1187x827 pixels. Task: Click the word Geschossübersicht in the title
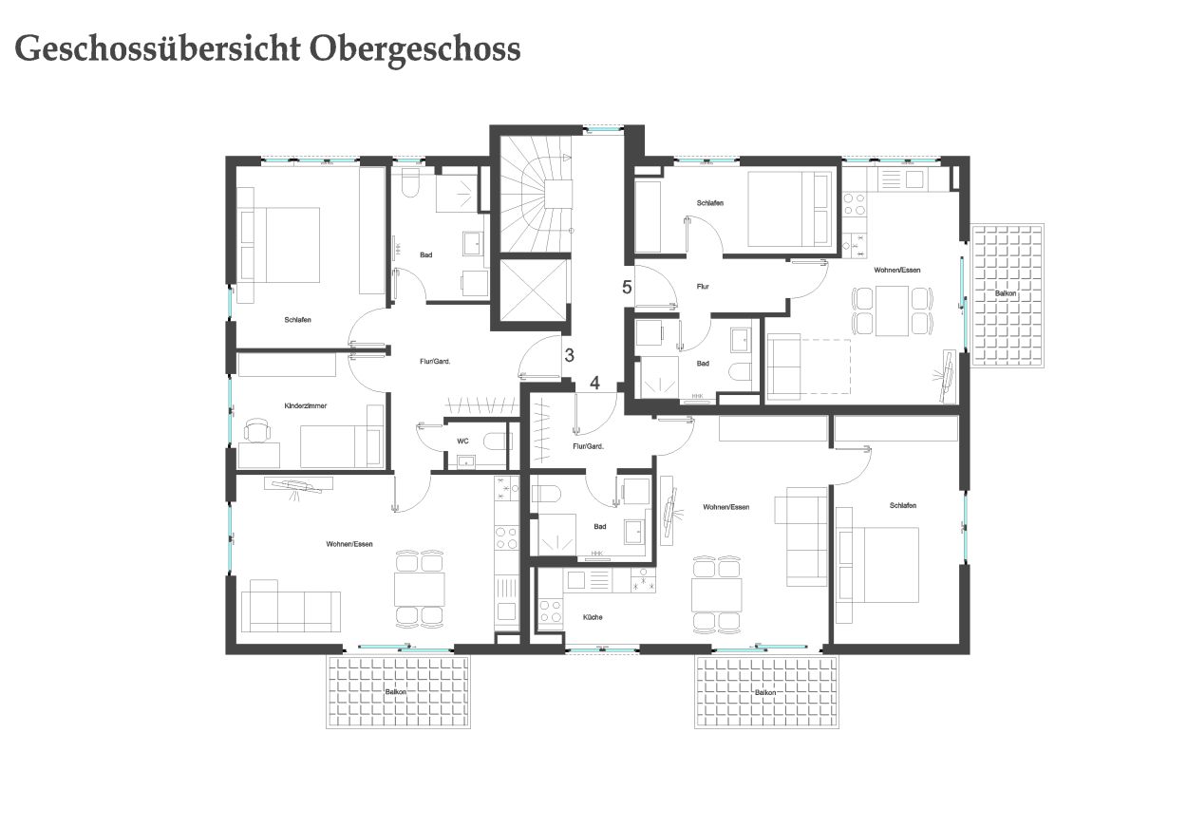(x=158, y=49)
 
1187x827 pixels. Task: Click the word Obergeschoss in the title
(x=415, y=49)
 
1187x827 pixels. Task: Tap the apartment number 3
(x=569, y=355)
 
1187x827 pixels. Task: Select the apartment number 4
(x=594, y=383)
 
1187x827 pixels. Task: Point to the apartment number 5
(x=627, y=287)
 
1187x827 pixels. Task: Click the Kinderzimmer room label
(x=305, y=405)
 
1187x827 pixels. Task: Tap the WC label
(x=462, y=441)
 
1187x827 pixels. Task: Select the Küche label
(x=593, y=617)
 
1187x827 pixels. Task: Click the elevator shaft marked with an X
(x=534, y=291)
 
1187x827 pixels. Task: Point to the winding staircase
(x=536, y=195)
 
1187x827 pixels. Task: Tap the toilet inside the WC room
(x=497, y=441)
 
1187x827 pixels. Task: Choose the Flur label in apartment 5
(x=703, y=287)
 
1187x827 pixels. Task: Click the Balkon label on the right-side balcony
(x=1006, y=293)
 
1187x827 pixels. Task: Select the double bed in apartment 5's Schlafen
(x=789, y=209)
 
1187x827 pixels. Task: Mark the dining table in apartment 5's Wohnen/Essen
(x=893, y=310)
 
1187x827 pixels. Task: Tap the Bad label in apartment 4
(x=600, y=527)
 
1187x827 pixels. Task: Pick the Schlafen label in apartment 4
(x=903, y=505)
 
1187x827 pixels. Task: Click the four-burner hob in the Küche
(x=551, y=611)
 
